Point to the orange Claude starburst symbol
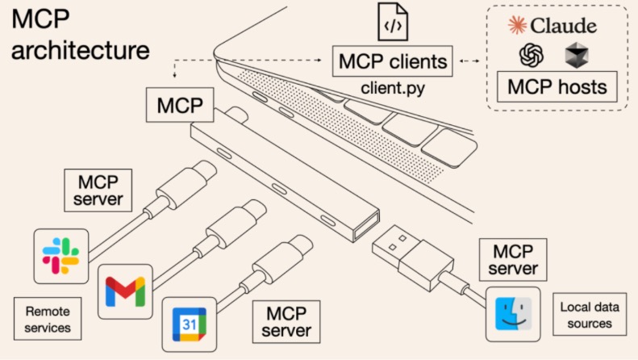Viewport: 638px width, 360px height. tap(516, 25)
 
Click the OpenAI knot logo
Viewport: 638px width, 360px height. tap(532, 55)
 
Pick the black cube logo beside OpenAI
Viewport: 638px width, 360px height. tap(576, 55)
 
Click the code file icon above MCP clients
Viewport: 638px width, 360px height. tap(392, 23)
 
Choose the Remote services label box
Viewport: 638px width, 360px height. tap(48, 319)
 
